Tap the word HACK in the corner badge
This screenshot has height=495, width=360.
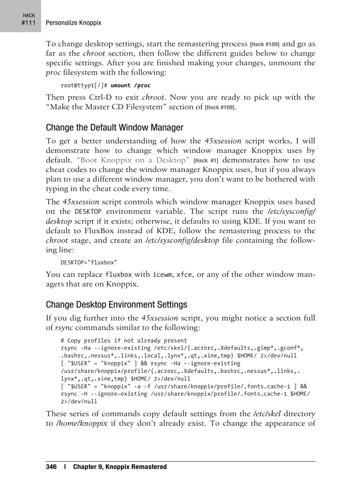(29, 15)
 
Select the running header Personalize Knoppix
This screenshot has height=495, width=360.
(73, 22)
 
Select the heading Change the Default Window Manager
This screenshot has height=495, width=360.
(114, 128)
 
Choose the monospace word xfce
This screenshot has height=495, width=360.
(184, 275)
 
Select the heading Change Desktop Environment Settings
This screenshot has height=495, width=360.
(116, 305)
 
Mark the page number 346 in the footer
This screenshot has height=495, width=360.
(51, 466)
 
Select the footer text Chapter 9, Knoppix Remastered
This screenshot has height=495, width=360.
(120, 466)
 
